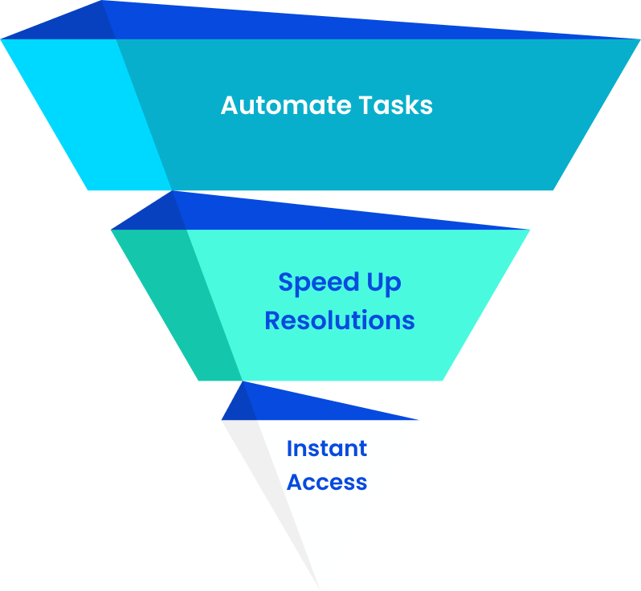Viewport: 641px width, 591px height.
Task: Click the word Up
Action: [x=383, y=283]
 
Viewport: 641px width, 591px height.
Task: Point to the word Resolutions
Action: [x=339, y=320]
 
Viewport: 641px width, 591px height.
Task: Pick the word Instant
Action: [x=326, y=448]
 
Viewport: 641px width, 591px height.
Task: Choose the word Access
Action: [x=326, y=483]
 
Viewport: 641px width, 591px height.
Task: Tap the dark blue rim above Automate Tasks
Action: [x=321, y=24]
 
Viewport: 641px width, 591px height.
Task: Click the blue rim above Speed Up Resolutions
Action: [x=321, y=215]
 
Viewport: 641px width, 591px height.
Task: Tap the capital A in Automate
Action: [x=230, y=105]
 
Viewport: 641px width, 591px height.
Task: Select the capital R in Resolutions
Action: [x=272, y=320]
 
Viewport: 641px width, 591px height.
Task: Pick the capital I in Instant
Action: [x=289, y=448]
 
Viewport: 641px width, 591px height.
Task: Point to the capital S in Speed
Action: [x=286, y=283]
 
